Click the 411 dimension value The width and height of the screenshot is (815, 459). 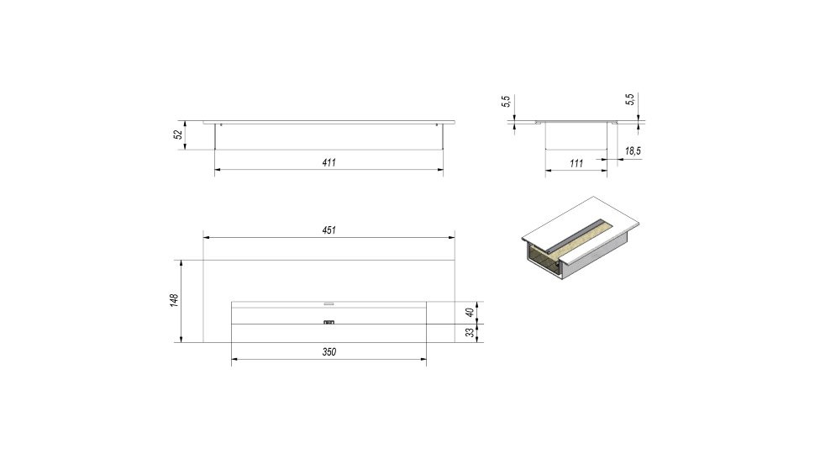(329, 163)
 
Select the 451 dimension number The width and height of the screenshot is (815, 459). (329, 230)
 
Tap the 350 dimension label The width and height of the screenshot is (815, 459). (329, 352)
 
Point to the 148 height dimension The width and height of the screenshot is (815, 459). (174, 300)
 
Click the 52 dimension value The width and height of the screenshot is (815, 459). (178, 135)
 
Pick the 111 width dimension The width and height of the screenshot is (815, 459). (576, 163)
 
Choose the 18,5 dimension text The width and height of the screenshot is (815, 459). (633, 151)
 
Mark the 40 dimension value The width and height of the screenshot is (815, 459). (470, 313)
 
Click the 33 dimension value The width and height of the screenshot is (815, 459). (470, 333)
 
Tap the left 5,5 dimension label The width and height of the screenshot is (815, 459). (506, 102)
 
